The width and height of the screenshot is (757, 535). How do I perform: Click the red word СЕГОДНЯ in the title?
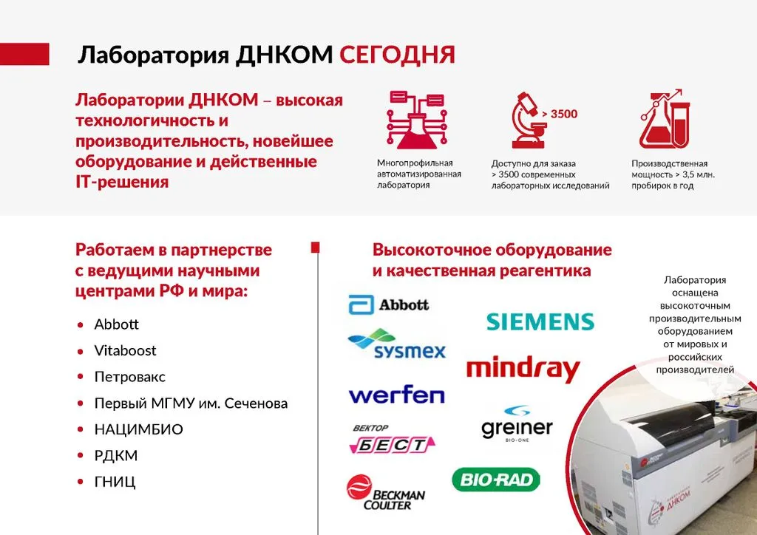397,55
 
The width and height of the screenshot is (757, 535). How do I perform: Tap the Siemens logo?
540,321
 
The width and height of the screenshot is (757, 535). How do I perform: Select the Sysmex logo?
396,344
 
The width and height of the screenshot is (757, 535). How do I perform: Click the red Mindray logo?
523,369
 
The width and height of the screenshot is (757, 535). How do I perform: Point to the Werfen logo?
396,395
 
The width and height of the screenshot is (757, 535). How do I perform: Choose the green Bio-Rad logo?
496,480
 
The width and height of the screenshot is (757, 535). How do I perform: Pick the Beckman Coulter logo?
386,493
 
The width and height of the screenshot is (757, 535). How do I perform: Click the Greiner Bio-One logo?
517,424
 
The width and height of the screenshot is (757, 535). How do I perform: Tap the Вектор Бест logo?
392,440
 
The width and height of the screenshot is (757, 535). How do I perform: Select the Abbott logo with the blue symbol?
389,304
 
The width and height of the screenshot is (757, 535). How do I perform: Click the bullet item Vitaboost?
125,351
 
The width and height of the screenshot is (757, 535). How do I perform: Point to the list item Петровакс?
129,377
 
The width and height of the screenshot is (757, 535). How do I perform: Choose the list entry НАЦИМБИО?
138,429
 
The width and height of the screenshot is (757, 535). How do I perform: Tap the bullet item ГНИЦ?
115,482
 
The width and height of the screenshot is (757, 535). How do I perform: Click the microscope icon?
529,120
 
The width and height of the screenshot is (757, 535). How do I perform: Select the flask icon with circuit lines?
417,120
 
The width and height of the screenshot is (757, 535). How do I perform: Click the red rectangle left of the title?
24,54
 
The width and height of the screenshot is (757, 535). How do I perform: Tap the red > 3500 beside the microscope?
560,115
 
